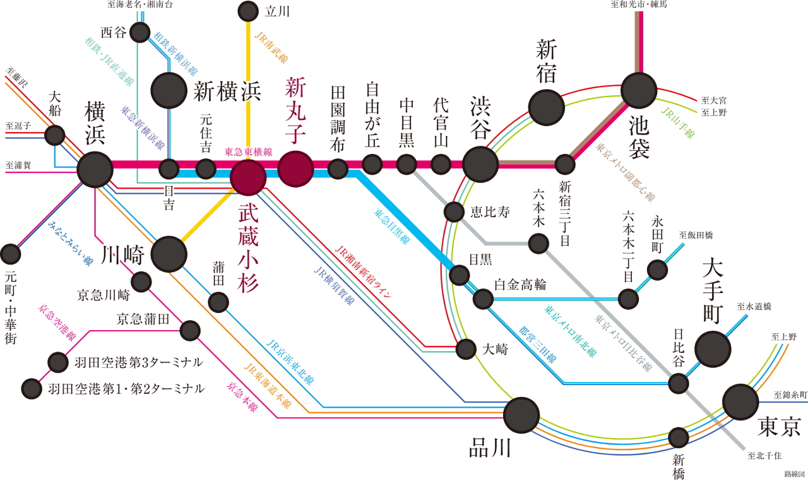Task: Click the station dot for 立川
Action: point(248,11)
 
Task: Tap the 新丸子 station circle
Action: point(296,169)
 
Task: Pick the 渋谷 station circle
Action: point(480,164)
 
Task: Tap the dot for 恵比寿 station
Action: point(454,211)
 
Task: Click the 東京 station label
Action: point(780,427)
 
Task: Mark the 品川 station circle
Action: point(521,415)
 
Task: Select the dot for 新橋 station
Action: point(679,437)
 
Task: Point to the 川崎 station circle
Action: point(169,254)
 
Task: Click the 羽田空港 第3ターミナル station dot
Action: point(58,362)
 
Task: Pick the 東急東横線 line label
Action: point(248,152)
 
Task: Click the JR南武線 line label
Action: point(271,47)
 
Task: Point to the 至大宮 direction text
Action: point(714,100)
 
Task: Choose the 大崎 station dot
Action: point(466,348)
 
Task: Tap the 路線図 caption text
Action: point(794,473)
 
